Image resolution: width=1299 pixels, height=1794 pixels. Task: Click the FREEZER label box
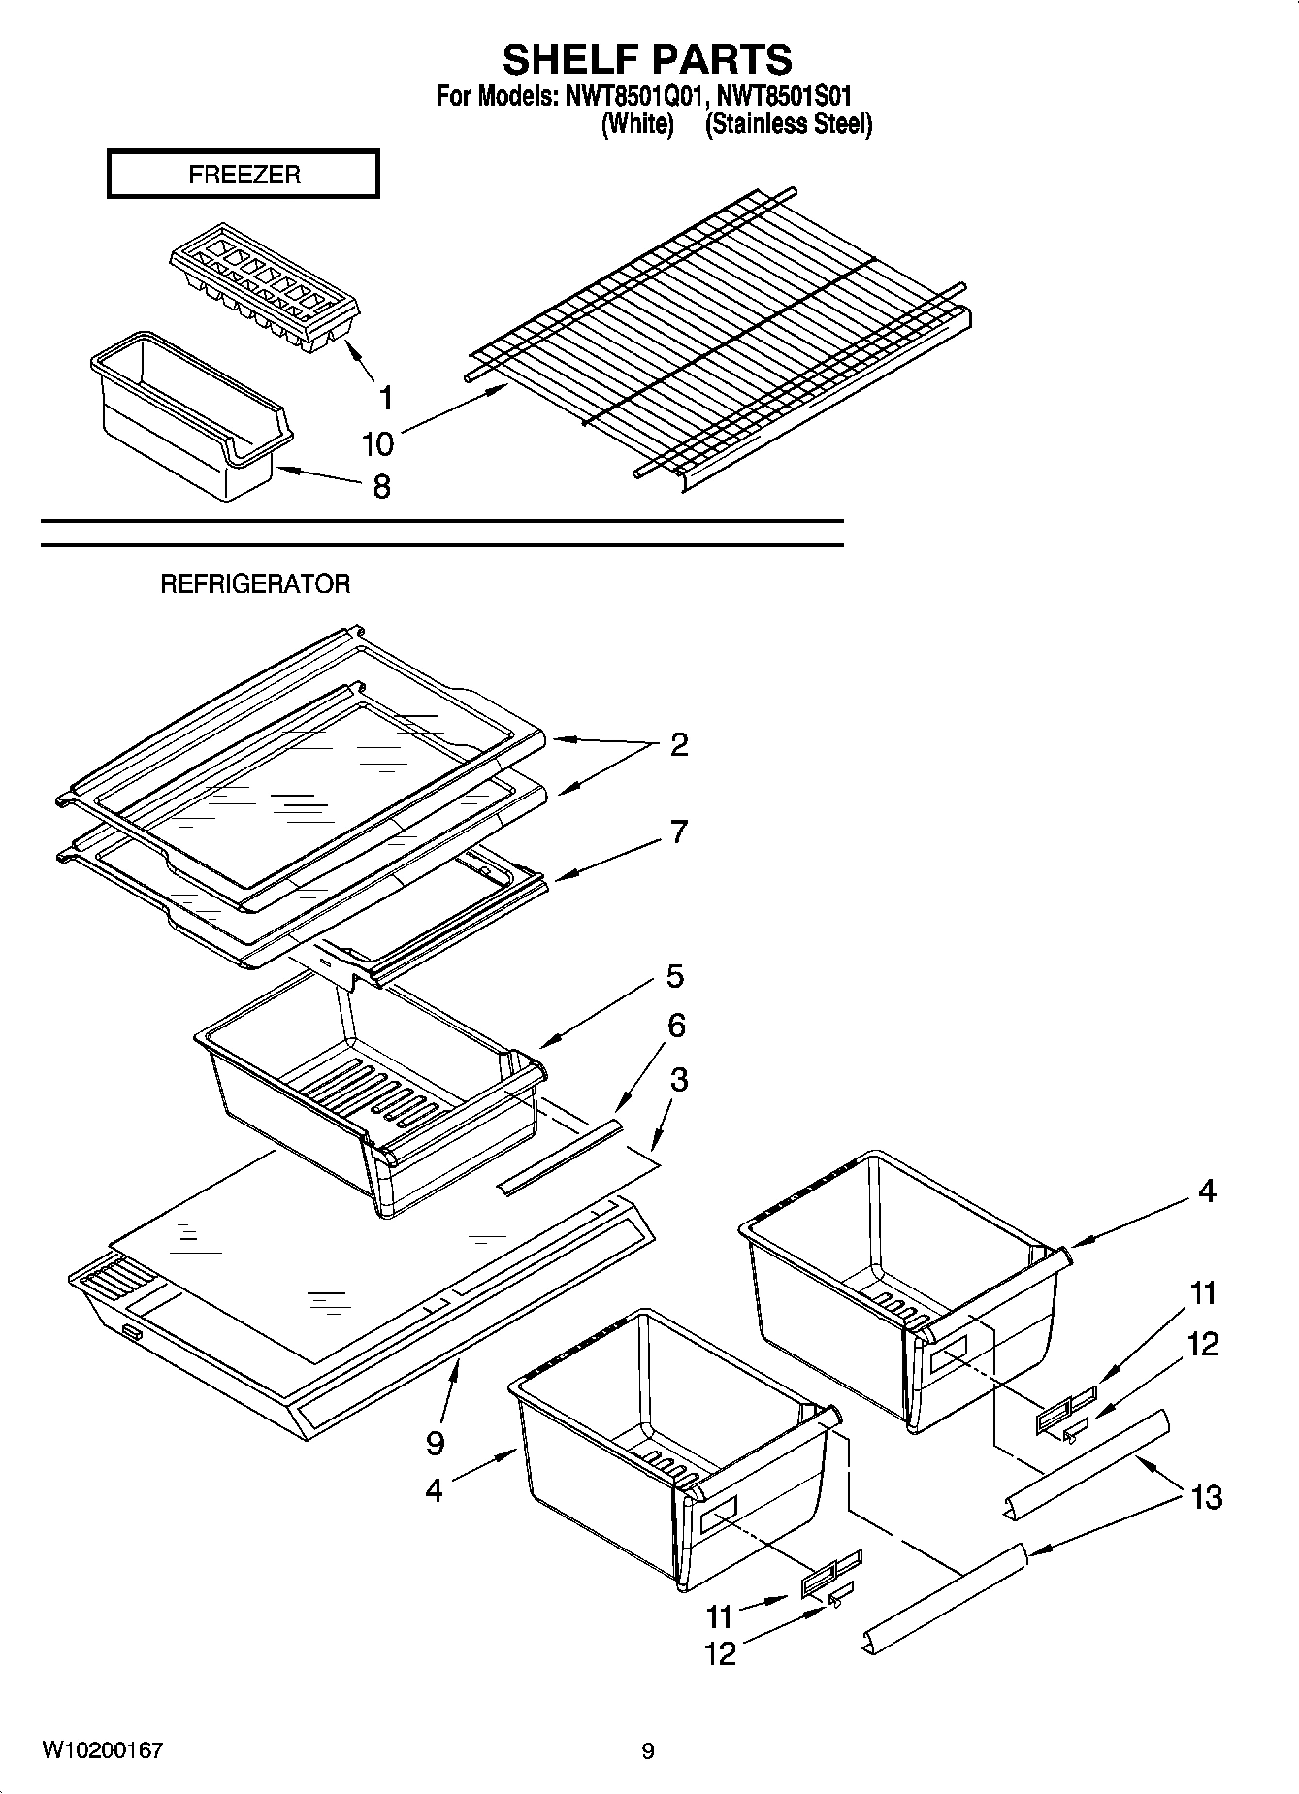tap(243, 175)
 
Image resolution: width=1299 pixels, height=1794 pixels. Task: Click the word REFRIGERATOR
tap(254, 584)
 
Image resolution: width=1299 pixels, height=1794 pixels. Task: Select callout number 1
tap(385, 397)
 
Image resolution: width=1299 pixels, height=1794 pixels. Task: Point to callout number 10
tap(377, 444)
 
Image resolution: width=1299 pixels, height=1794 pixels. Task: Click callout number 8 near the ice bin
tap(381, 485)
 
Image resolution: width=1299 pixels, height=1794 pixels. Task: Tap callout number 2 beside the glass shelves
tap(679, 744)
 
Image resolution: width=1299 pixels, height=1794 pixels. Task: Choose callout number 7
tap(679, 832)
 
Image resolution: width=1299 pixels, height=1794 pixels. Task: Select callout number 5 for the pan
tap(675, 976)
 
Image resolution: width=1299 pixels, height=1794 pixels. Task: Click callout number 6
tap(677, 1026)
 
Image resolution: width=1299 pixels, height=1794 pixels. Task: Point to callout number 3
tap(679, 1079)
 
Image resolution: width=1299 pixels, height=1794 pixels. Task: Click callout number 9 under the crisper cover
tap(435, 1443)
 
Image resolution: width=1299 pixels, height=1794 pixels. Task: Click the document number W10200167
tap(102, 1750)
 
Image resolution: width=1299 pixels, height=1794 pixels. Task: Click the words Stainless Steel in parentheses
tap(788, 124)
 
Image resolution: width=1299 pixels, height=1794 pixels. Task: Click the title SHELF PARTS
tap(647, 59)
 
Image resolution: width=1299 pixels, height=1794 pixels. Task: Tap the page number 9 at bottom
tap(648, 1751)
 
